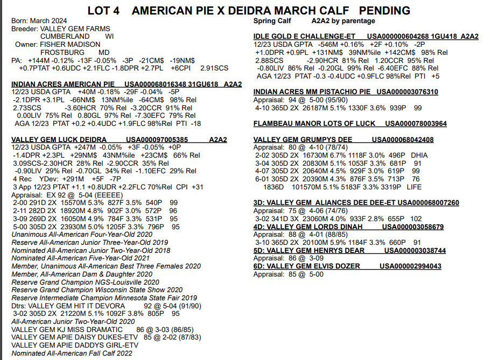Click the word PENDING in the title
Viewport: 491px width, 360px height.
coord(384,11)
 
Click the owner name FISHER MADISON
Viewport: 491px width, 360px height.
coord(70,44)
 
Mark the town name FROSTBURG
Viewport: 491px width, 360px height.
coord(62,52)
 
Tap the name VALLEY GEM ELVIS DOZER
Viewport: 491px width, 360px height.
coord(314,266)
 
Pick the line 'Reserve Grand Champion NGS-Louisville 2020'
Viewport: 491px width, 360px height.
coord(86,282)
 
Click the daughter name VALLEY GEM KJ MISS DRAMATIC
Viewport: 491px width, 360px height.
coord(67,329)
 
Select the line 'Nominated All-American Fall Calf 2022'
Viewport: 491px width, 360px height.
coord(72,353)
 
